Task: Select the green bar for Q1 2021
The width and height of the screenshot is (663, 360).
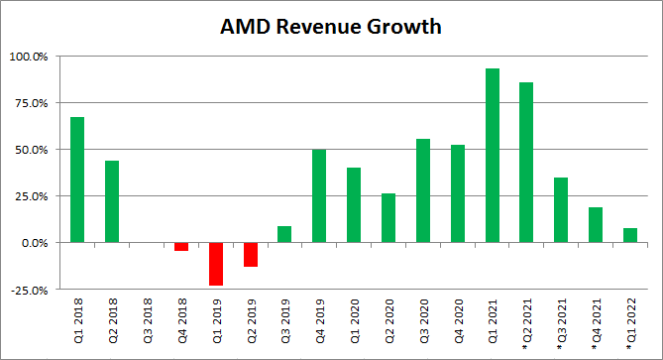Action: click(x=492, y=156)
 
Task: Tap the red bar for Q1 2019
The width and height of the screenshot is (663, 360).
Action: click(x=216, y=264)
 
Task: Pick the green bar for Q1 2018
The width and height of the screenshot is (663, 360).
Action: click(x=77, y=180)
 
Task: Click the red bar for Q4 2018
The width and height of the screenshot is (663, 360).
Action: click(x=181, y=247)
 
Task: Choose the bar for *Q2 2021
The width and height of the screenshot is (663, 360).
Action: click(x=526, y=163)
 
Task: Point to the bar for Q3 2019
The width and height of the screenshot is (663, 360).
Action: click(x=284, y=234)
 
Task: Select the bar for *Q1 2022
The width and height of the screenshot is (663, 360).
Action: click(x=630, y=235)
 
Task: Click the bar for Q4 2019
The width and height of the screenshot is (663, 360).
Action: click(x=319, y=195)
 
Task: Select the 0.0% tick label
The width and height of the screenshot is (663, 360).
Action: click(x=33, y=243)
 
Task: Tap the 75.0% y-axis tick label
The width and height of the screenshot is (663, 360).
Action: click(x=30, y=102)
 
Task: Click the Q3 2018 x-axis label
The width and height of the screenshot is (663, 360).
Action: click(x=147, y=317)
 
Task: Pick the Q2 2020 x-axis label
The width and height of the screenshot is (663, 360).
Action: click(x=388, y=317)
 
